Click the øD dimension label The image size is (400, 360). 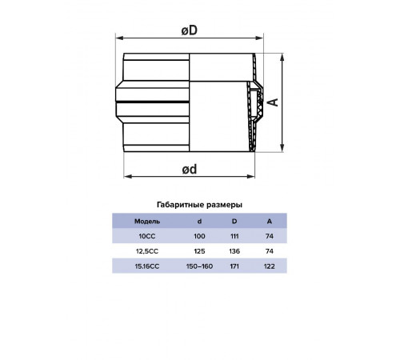190,30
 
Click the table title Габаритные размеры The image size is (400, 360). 199,205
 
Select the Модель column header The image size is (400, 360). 147,222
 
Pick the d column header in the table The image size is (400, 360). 199,221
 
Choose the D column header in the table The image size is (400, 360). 234,221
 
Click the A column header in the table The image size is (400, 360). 270,221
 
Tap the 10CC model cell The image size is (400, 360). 147,236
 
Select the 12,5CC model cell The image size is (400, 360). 147,251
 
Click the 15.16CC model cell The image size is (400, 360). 147,266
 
